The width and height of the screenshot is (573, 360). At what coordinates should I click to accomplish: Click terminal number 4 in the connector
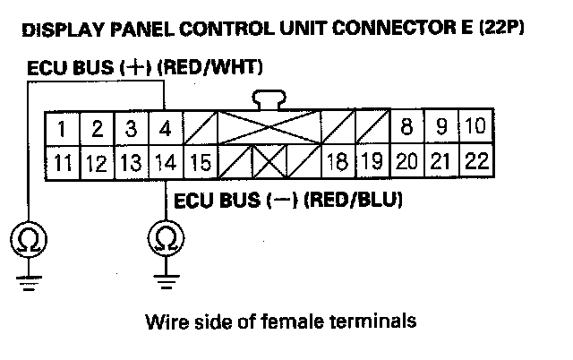(x=165, y=128)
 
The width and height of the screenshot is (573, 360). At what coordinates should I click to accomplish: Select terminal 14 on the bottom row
(x=165, y=163)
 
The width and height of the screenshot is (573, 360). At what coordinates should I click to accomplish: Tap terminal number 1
(x=61, y=128)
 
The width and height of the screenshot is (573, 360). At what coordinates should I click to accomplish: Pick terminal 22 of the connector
(x=476, y=163)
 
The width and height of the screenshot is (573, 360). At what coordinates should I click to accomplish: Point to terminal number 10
(x=475, y=127)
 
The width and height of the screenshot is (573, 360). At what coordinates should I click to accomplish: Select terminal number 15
(x=201, y=163)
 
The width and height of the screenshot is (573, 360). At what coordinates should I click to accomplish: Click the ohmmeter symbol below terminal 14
(x=165, y=237)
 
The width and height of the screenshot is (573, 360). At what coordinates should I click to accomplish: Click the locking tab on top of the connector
(x=269, y=98)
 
